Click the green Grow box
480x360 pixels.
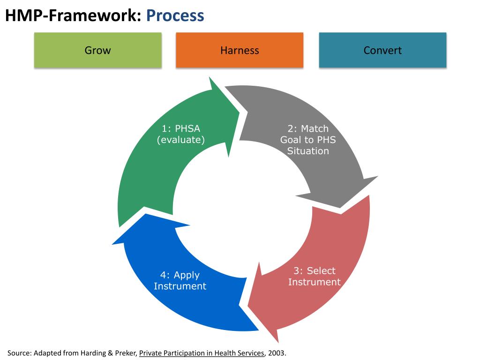point(97,50)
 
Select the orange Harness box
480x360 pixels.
point(240,50)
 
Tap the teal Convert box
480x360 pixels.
point(382,50)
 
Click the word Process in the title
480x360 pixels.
point(175,15)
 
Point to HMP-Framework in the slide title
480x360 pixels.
point(73,15)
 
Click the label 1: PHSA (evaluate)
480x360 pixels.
point(181,134)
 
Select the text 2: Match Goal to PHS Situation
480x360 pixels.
point(308,140)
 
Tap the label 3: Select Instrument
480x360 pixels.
point(314,276)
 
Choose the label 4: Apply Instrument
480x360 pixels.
point(180,280)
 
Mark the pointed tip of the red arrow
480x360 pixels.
point(277,341)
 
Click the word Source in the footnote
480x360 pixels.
point(19,353)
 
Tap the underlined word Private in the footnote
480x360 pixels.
point(151,353)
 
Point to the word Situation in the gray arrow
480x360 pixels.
point(308,151)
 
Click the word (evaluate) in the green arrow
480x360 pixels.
point(181,140)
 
